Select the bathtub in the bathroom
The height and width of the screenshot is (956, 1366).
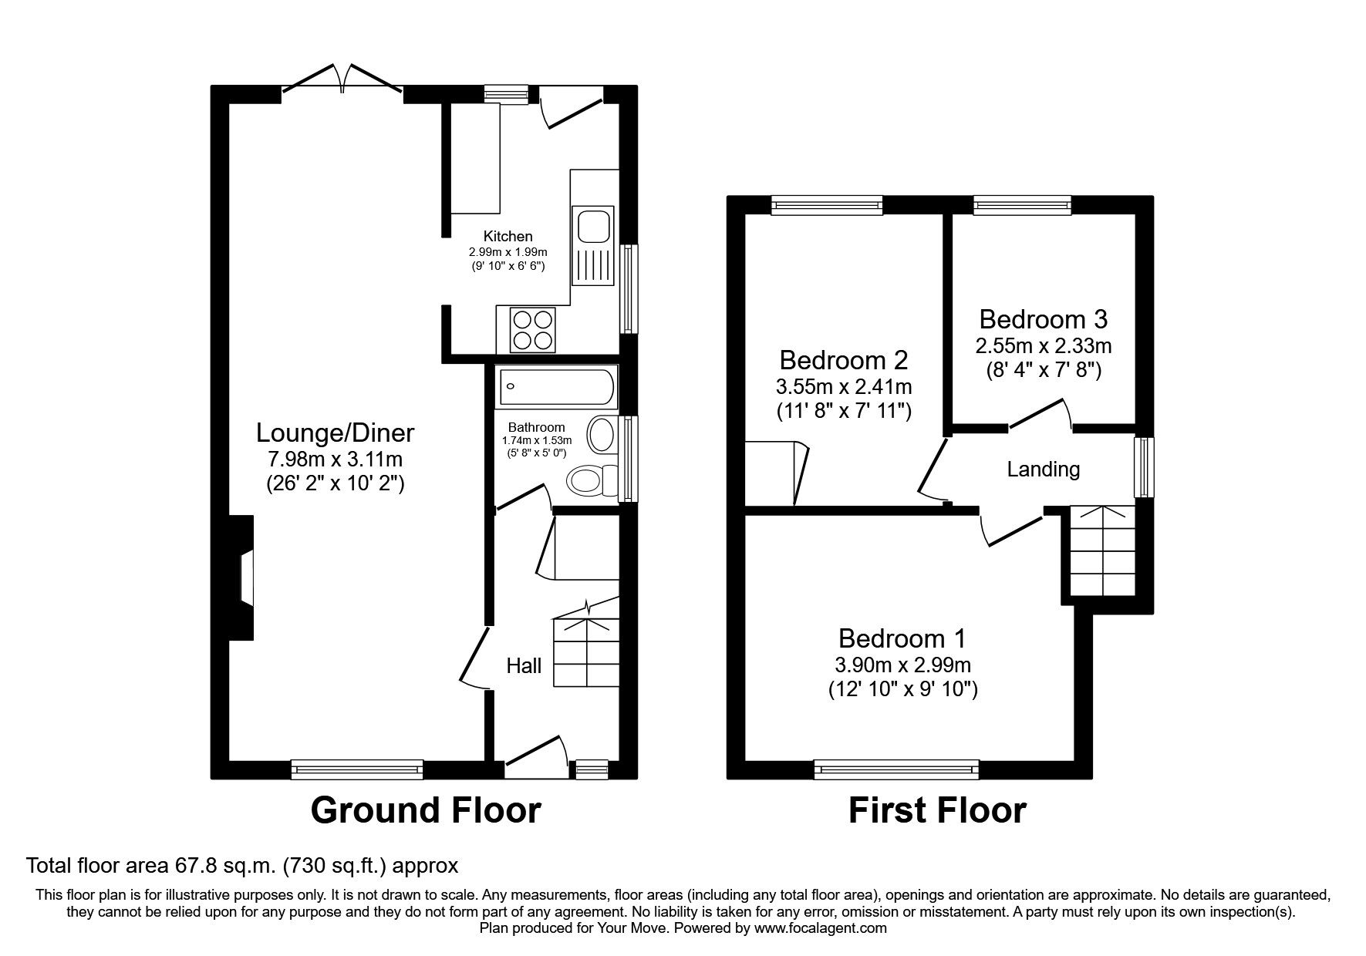coord(556,387)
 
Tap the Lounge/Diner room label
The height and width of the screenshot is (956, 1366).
coord(335,433)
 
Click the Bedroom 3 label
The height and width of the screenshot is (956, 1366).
coord(1044,319)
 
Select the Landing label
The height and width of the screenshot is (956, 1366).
coord(1044,469)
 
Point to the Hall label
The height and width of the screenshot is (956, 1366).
coord(524,665)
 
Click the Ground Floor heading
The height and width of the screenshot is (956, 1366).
coord(426,810)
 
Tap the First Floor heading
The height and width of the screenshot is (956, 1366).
coord(937,810)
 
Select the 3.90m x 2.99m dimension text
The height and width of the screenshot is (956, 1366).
coord(902,665)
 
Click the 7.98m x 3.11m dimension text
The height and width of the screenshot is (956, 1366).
coord(335,460)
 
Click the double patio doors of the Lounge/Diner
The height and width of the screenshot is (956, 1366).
coord(342,82)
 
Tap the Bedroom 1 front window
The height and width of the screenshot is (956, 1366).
coord(896,769)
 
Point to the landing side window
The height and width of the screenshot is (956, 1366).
coord(1144,468)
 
